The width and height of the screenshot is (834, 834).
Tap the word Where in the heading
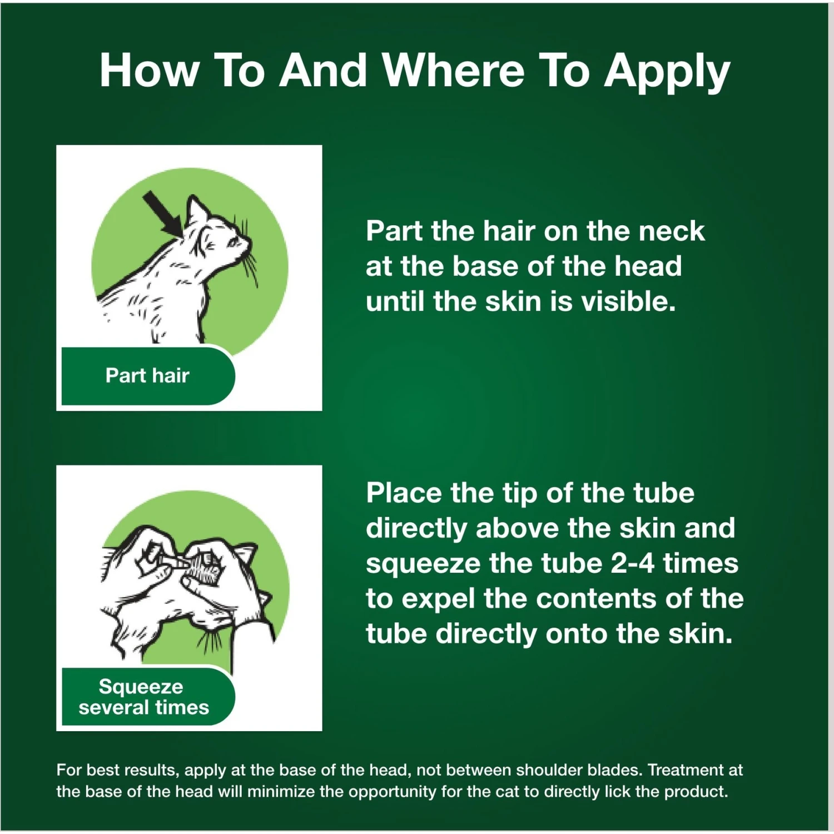coord(453,71)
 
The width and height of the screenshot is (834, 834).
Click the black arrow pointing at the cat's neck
coord(163,214)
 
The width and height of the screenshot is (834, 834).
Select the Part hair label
coord(147,375)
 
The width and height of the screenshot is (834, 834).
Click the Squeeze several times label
coord(143,697)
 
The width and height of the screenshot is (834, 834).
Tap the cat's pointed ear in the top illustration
coord(195,210)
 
